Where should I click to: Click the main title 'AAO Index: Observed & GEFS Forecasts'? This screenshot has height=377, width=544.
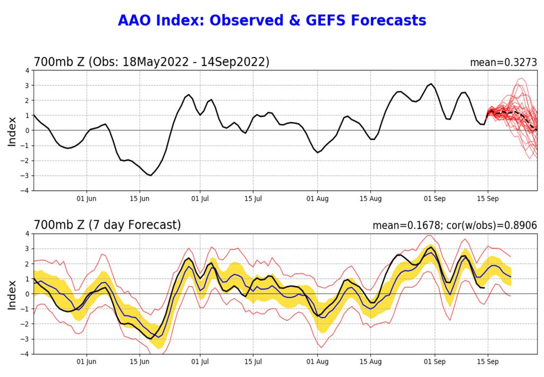tap(271, 21)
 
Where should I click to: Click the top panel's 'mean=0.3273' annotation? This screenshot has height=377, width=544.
tap(503, 62)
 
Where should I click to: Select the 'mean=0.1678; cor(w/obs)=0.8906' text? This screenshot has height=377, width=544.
tap(455, 225)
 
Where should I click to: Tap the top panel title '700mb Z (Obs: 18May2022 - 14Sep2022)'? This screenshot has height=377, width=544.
tap(151, 62)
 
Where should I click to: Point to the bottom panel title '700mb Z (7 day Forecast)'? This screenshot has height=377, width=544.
tap(107, 225)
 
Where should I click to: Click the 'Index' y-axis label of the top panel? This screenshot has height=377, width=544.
tap(12, 130)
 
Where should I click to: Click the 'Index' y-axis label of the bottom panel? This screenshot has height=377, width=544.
tap(12, 294)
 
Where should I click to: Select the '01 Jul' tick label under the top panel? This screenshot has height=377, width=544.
tap(200, 199)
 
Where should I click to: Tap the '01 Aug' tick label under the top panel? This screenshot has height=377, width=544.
tap(318, 199)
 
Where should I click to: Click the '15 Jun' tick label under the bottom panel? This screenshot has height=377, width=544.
tap(140, 362)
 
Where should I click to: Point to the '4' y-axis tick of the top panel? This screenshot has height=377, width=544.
tap(27, 70)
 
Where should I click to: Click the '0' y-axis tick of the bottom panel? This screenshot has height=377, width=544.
tap(27, 294)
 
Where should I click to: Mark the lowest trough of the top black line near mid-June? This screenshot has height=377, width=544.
tap(151, 175)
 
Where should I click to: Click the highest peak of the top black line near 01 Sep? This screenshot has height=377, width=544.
tap(431, 83)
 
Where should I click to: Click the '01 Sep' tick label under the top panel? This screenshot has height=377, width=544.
tap(435, 199)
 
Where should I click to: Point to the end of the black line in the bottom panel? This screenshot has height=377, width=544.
tap(484, 288)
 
